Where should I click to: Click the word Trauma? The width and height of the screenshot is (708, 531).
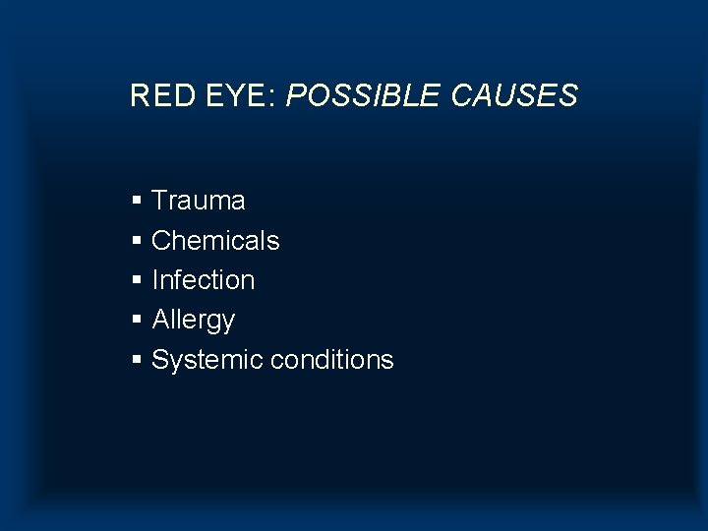[199, 201]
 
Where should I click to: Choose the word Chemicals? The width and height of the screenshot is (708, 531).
[215, 240]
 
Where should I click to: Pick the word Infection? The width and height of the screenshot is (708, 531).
[204, 280]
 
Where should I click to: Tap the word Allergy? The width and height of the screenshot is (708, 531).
[194, 321]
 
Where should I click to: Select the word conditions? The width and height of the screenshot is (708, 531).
[331, 360]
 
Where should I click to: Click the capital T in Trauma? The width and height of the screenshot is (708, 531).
[160, 201]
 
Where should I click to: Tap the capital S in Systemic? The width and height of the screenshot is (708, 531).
[161, 360]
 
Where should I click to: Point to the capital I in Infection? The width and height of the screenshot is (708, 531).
[155, 280]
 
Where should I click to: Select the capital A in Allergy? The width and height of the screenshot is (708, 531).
[161, 320]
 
